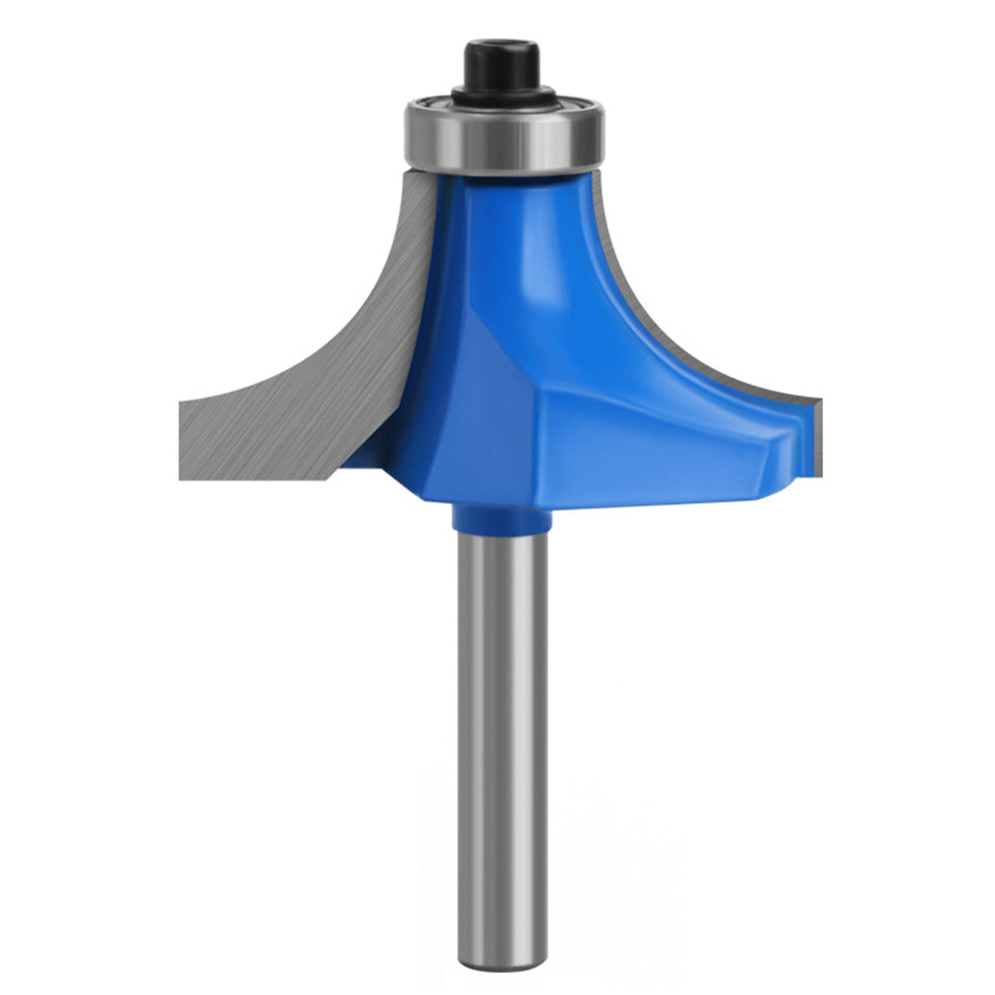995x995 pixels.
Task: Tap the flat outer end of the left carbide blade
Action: coord(183,438)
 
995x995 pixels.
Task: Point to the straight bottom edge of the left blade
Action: coord(259,479)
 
